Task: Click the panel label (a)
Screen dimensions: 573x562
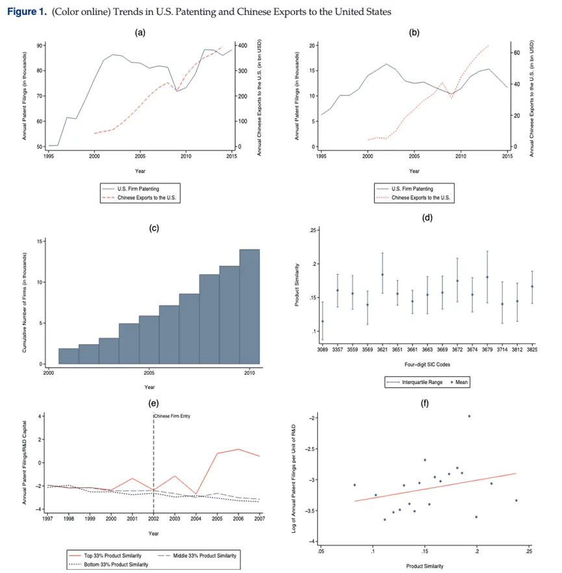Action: point(139,32)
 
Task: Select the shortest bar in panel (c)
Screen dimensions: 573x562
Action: point(68,356)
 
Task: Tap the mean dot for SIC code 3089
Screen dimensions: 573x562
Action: point(322,321)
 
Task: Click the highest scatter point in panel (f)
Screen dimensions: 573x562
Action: point(469,416)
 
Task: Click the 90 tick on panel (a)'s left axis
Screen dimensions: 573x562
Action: point(40,45)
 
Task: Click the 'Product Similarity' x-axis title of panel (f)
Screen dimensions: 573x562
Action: point(425,566)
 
